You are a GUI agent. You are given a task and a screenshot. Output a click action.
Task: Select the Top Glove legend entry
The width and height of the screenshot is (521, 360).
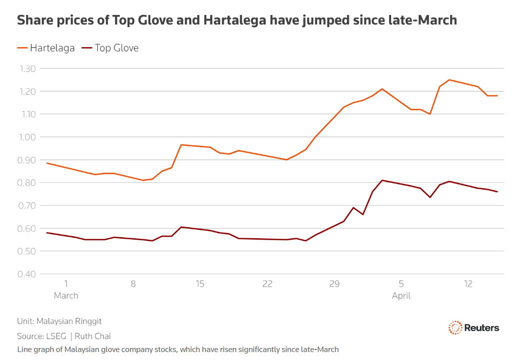pyautogui.click(x=110, y=48)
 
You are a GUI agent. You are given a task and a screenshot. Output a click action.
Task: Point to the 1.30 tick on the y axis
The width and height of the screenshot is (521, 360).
pyautogui.click(x=28, y=68)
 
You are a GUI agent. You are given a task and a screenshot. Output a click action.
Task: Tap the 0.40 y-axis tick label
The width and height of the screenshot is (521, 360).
pyautogui.click(x=28, y=274)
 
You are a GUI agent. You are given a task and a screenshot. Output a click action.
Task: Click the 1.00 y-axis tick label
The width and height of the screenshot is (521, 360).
pyautogui.click(x=28, y=137)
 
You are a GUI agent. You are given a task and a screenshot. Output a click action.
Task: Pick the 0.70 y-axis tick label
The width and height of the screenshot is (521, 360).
pyautogui.click(x=28, y=206)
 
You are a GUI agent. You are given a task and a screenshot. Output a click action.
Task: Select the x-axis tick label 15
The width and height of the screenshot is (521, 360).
pyautogui.click(x=200, y=284)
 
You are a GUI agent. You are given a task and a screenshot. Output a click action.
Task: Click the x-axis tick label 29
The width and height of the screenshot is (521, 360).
pyautogui.click(x=334, y=284)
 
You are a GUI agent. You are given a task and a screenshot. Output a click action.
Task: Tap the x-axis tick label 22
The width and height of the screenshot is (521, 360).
pyautogui.click(x=267, y=284)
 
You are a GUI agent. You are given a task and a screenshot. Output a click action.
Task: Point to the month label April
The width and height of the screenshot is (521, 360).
pyautogui.click(x=401, y=296)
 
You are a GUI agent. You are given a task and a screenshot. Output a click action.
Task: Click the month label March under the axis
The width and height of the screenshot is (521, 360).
pyautogui.click(x=66, y=296)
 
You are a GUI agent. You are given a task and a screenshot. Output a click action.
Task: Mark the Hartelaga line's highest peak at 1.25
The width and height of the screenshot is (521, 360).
pyautogui.click(x=449, y=80)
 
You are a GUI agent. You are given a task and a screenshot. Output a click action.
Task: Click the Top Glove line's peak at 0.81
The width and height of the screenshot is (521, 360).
pyautogui.click(x=382, y=180)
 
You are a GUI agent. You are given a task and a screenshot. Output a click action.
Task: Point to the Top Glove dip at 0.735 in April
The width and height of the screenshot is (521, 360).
pyautogui.click(x=430, y=197)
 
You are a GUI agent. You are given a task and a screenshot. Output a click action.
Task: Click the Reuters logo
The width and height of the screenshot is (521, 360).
pyautogui.click(x=474, y=328)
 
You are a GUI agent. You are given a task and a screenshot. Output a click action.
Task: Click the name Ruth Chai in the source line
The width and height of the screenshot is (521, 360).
pyautogui.click(x=93, y=336)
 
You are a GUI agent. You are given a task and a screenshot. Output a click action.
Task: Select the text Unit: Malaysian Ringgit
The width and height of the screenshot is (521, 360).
pyautogui.click(x=59, y=321)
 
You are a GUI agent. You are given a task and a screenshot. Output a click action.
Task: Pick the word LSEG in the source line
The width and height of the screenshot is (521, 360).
pyautogui.click(x=55, y=336)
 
